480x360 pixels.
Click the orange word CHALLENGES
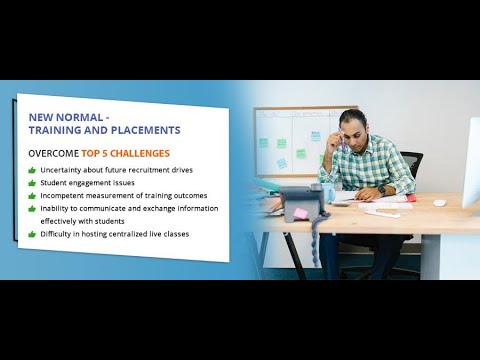[x=142, y=154]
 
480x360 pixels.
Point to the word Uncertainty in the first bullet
[x=64, y=170]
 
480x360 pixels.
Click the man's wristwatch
[x=381, y=189]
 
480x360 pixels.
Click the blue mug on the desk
[x=326, y=192]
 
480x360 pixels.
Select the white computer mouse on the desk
[x=439, y=203]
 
